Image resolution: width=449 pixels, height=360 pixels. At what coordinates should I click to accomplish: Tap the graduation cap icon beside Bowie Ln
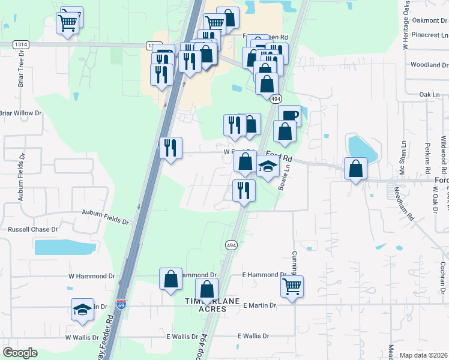(268, 167)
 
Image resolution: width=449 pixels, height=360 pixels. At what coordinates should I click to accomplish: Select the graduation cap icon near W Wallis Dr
(82, 308)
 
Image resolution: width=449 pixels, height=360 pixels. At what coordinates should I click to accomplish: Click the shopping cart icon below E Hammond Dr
(292, 286)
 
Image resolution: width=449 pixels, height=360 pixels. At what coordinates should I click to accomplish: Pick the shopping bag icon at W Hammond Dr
(170, 278)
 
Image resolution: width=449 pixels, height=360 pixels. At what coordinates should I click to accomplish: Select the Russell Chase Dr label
(32, 229)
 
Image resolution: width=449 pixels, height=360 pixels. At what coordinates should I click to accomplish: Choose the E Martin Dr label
(259, 305)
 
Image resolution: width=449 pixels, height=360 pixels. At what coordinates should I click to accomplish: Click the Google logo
(20, 353)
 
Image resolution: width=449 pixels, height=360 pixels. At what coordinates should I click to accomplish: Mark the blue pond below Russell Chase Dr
(65, 247)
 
